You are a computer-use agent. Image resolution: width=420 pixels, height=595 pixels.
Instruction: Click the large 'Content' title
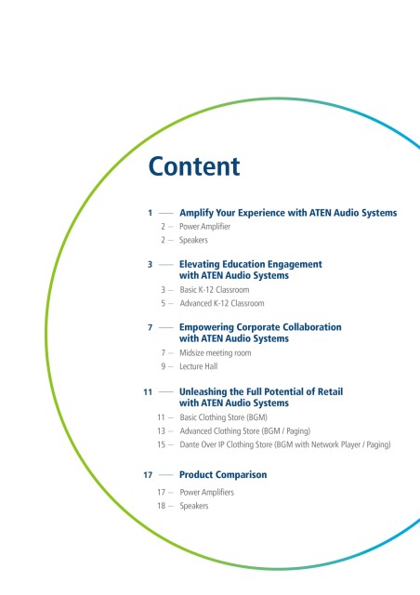(194, 166)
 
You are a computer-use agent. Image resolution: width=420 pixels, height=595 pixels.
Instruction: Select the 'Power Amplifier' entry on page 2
(204, 227)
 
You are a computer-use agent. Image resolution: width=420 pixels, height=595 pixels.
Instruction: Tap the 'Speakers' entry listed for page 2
(193, 240)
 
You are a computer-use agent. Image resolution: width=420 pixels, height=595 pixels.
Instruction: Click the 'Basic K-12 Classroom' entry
(215, 290)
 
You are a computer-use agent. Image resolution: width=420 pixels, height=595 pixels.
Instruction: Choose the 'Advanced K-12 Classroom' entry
(222, 304)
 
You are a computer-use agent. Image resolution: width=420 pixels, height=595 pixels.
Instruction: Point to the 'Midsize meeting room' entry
(216, 353)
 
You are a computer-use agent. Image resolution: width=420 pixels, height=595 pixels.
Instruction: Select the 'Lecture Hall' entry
(199, 366)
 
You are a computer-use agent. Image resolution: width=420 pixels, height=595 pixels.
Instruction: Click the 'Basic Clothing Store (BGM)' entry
(223, 417)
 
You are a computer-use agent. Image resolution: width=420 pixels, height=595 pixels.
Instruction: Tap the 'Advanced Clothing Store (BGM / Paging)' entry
(245, 431)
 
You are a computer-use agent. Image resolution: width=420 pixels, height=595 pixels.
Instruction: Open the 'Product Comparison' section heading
(223, 475)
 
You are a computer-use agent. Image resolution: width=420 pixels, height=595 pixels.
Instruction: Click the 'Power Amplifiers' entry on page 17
(207, 492)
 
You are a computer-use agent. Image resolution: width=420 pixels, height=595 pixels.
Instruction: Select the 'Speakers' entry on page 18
(194, 506)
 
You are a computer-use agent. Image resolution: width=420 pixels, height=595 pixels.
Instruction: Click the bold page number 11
(148, 392)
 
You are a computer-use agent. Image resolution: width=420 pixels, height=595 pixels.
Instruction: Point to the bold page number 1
(151, 213)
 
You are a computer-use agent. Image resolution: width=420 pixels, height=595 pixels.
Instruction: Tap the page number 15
(162, 444)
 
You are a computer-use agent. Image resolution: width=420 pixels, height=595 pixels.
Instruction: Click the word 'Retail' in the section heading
(330, 391)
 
